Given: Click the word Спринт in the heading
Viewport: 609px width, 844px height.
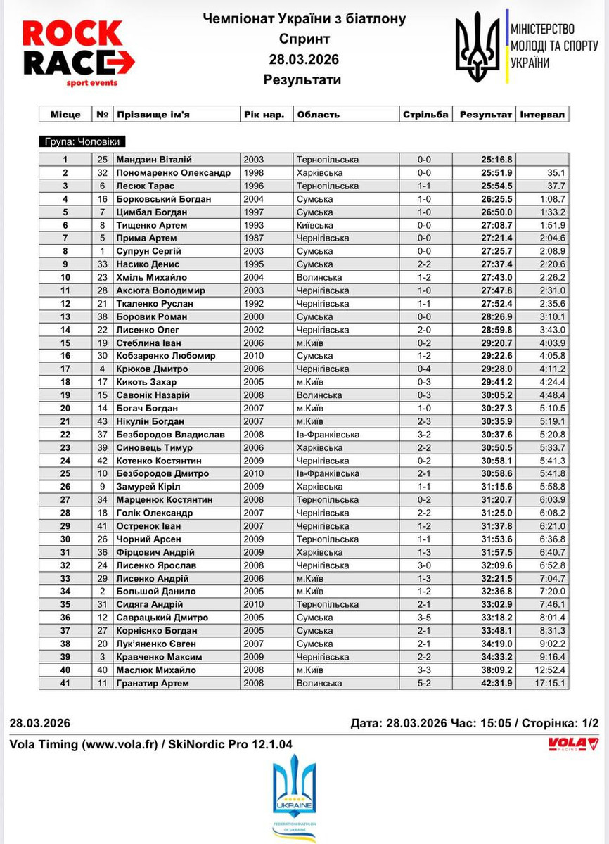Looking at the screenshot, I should [304, 39].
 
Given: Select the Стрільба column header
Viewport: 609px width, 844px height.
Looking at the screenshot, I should [425, 115].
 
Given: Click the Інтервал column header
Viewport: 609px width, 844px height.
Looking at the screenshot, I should [542, 115].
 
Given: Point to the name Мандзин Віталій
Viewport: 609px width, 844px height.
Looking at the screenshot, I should [154, 160].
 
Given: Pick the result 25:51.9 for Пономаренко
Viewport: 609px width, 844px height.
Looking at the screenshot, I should [496, 173].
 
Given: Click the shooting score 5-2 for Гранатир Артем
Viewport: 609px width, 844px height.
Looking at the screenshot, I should [423, 683].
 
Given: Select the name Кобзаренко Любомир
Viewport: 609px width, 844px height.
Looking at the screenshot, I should [164, 356].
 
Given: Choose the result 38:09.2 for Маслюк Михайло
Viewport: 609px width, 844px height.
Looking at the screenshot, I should [496, 670].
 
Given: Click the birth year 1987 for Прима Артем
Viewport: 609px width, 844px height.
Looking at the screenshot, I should [253, 238].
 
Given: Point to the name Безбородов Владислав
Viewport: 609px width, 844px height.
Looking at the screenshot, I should [170, 435].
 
